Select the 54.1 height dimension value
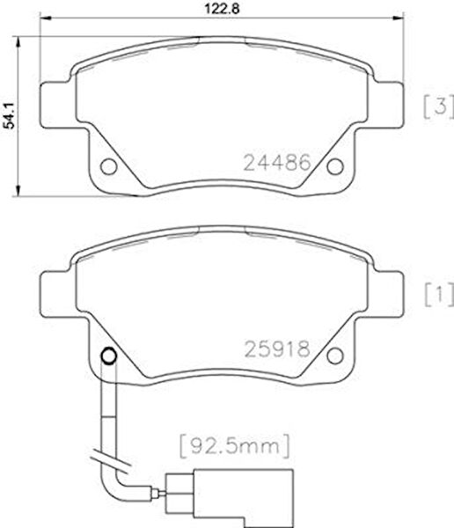(x=10, y=114)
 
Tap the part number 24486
(x=275, y=162)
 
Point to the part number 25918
(x=275, y=349)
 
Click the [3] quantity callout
(x=437, y=106)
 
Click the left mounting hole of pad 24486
(x=109, y=165)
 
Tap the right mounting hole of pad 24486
(x=337, y=165)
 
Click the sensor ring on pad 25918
(x=109, y=356)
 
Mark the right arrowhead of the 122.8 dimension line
(x=401, y=20)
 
